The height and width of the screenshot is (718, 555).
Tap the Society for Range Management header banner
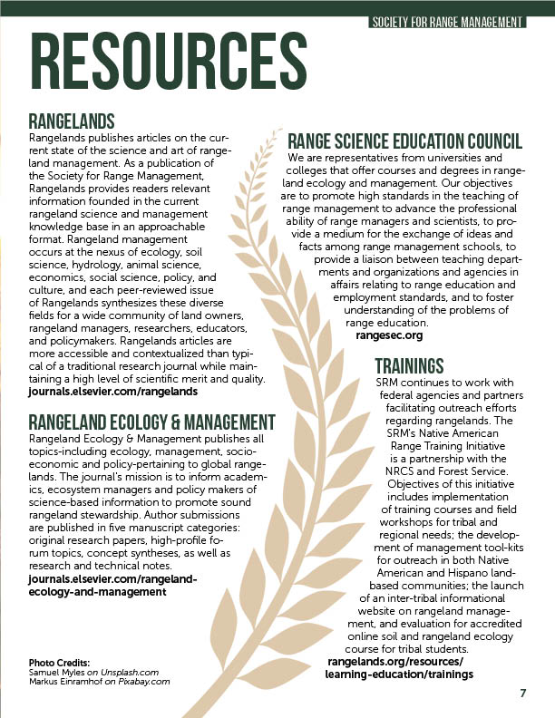tap(448, 21)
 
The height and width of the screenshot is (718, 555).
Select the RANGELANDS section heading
tap(72, 121)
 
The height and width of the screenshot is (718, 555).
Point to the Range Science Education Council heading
tap(404, 142)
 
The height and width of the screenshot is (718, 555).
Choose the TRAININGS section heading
tap(409, 366)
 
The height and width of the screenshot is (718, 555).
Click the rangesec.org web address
tap(389, 335)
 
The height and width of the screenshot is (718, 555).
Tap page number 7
tap(523, 694)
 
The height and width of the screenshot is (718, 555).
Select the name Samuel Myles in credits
tap(59, 672)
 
